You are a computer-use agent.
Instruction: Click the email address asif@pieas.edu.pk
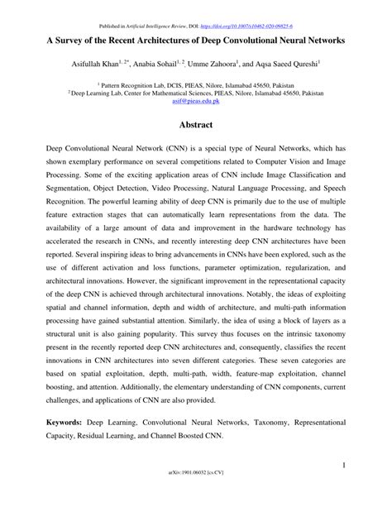(195, 102)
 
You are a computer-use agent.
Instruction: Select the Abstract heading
(196, 125)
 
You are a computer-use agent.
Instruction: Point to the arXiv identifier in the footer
(196, 495)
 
